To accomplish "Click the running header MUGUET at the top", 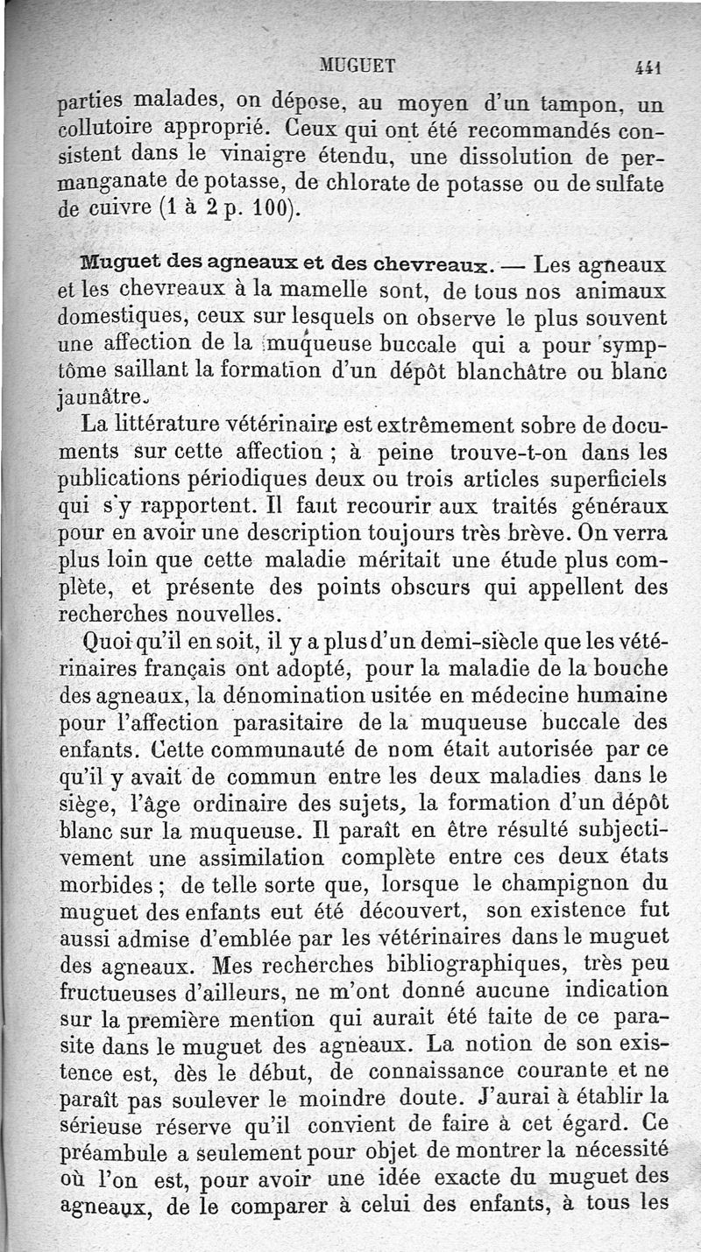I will (x=358, y=64).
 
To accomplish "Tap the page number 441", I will (x=648, y=67).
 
